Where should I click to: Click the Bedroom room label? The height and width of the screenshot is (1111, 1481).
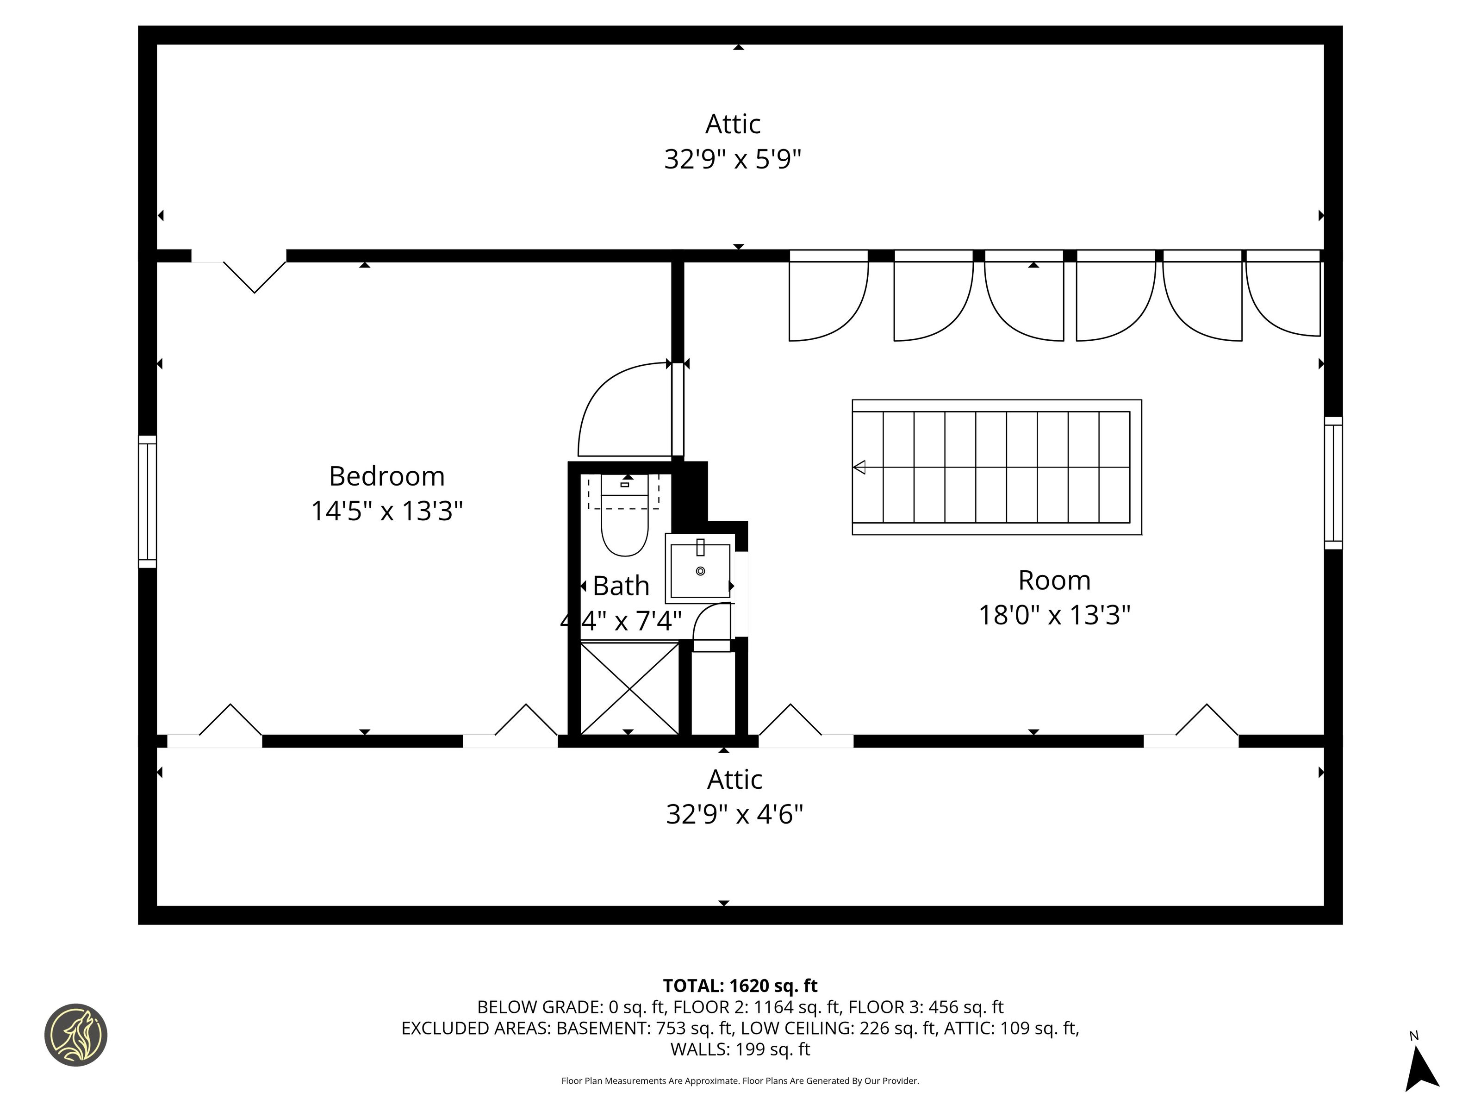point(387,476)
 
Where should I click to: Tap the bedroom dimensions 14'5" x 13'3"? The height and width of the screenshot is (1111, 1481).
point(387,511)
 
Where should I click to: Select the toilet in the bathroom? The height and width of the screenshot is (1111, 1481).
point(625,514)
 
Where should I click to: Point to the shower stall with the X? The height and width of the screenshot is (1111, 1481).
point(629,688)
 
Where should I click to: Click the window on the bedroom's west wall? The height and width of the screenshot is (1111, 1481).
point(147,502)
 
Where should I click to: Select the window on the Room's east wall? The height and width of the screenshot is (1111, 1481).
point(1333,483)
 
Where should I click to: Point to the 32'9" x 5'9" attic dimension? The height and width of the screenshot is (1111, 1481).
point(733,159)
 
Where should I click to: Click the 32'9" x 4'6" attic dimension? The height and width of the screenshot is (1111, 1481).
point(734,814)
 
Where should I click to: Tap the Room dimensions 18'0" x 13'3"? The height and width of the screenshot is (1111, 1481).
point(1054,615)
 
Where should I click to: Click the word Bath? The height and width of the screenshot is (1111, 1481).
point(621,586)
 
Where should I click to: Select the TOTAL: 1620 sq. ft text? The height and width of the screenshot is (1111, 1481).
point(740,985)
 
